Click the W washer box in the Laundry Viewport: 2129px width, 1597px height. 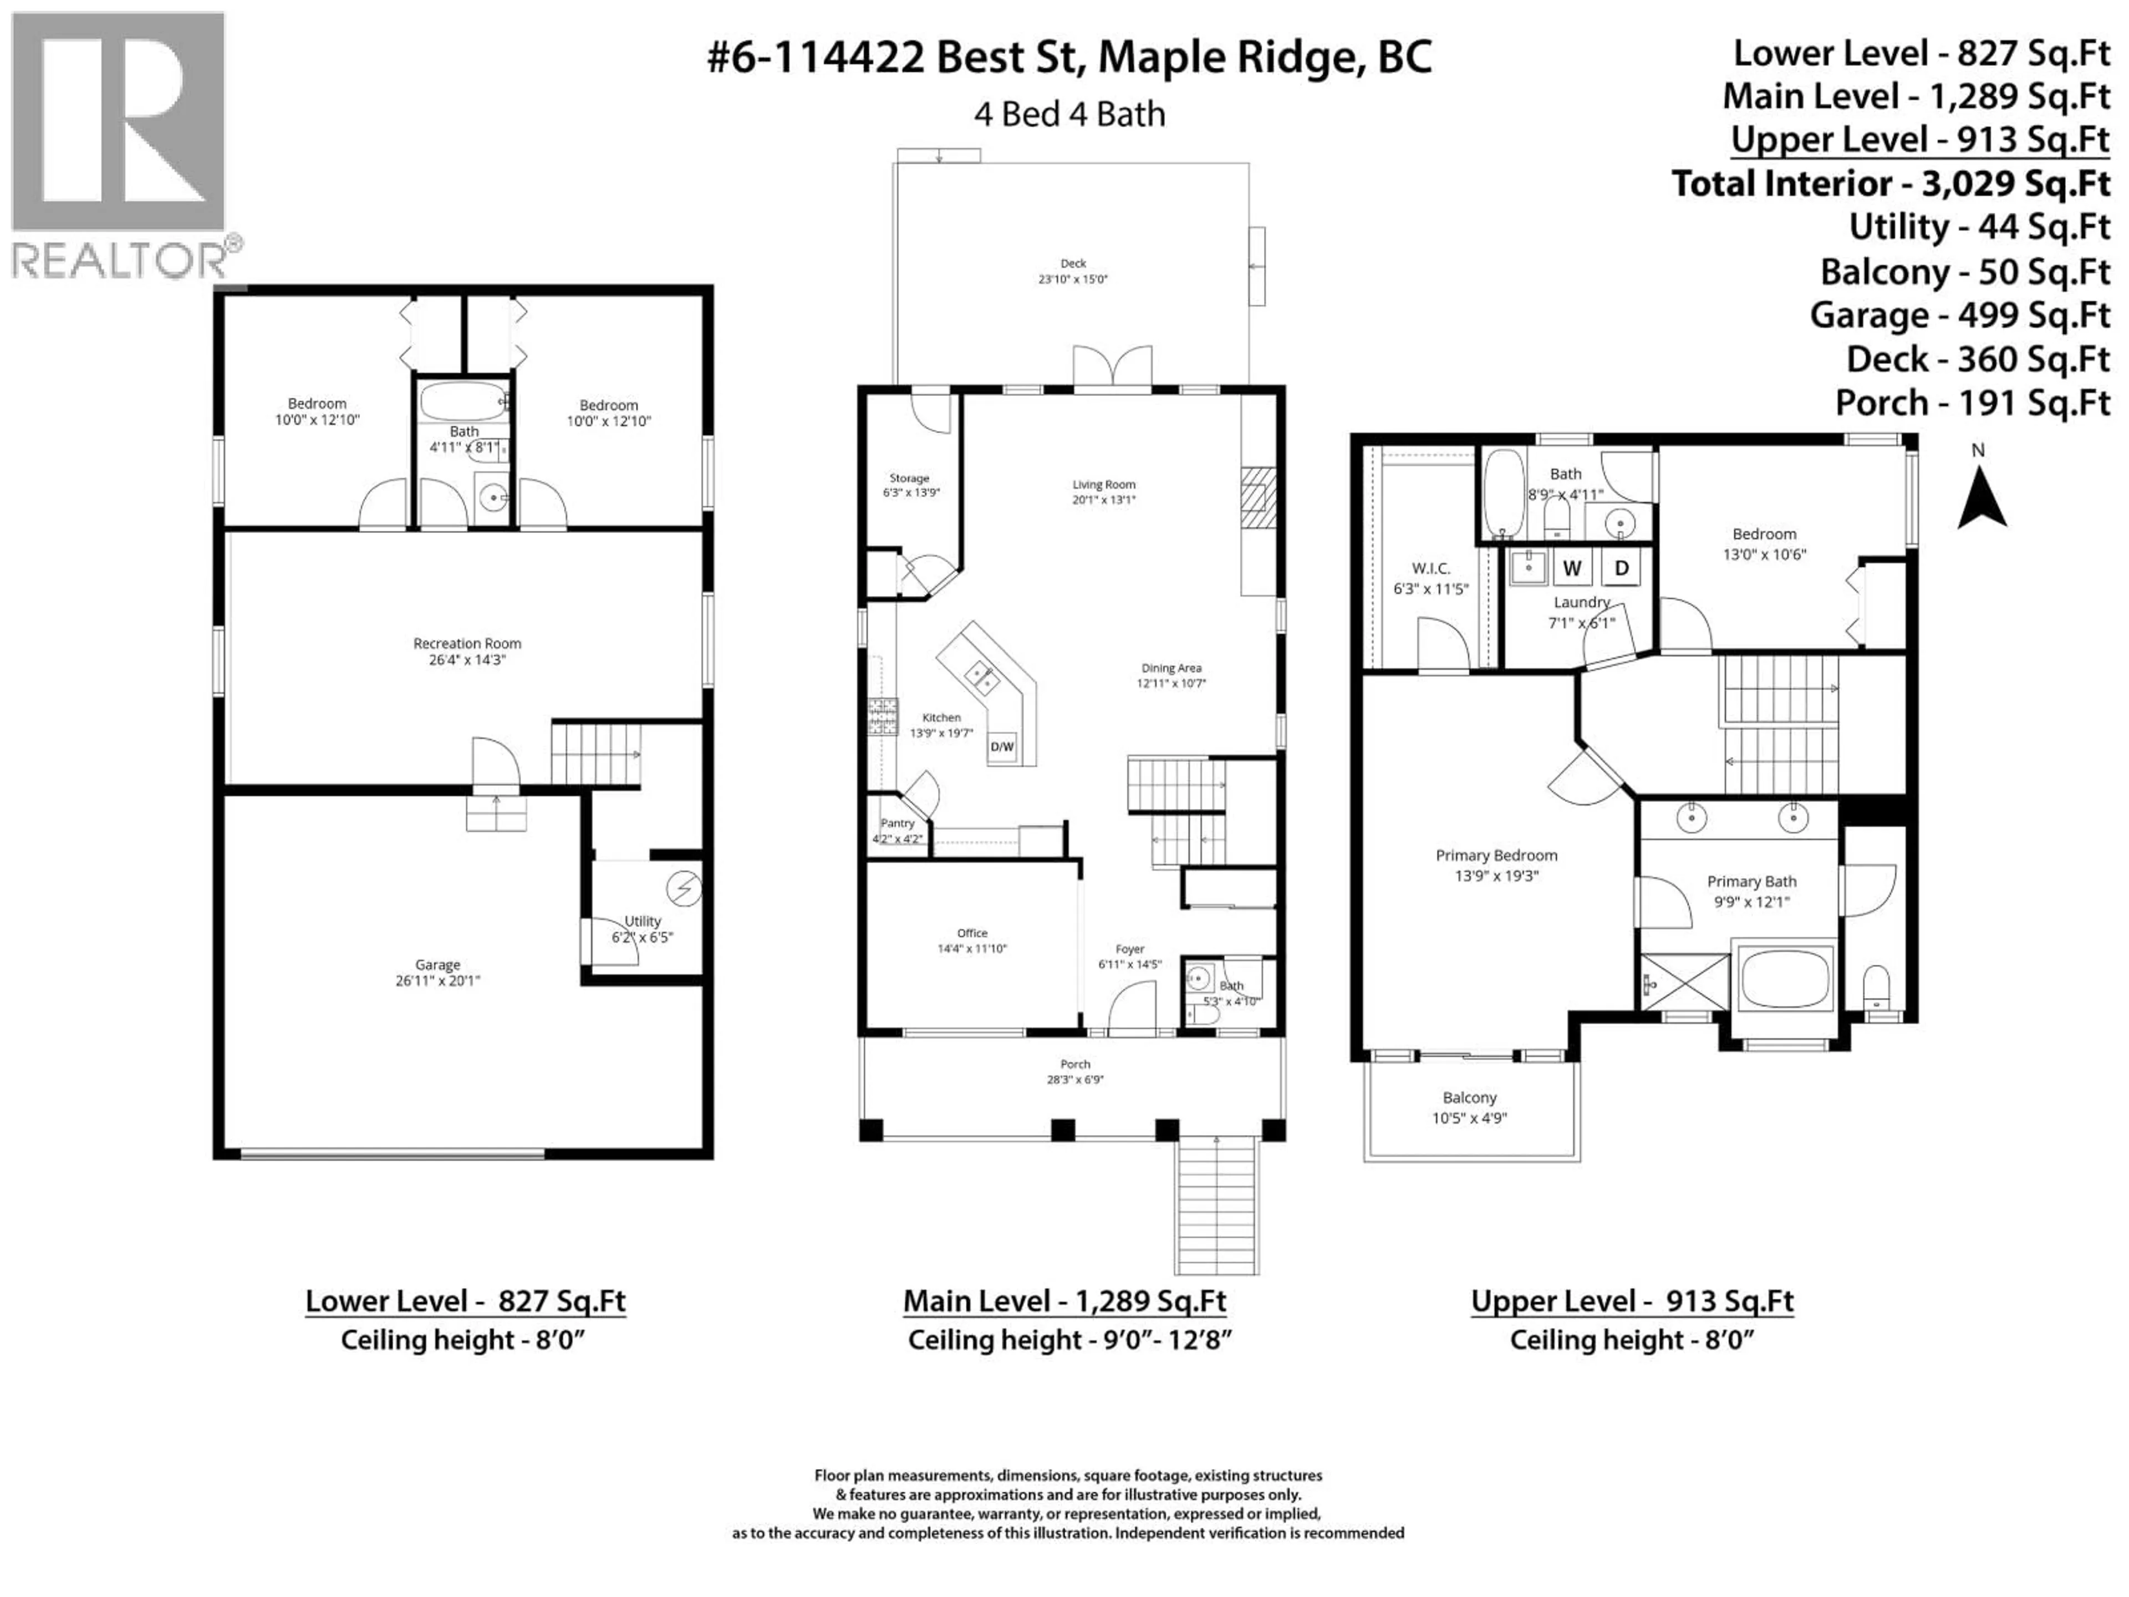pos(1572,568)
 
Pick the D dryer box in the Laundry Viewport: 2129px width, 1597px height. pos(1621,568)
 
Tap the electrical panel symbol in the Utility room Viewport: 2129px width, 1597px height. pos(684,888)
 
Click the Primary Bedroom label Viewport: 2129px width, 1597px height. pos(1496,855)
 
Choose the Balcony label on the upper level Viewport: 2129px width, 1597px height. pos(1469,1097)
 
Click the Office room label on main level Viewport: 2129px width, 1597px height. pos(972,933)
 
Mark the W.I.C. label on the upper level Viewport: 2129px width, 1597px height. pos(1430,569)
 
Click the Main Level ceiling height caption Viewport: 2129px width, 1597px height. pos(1069,1340)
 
